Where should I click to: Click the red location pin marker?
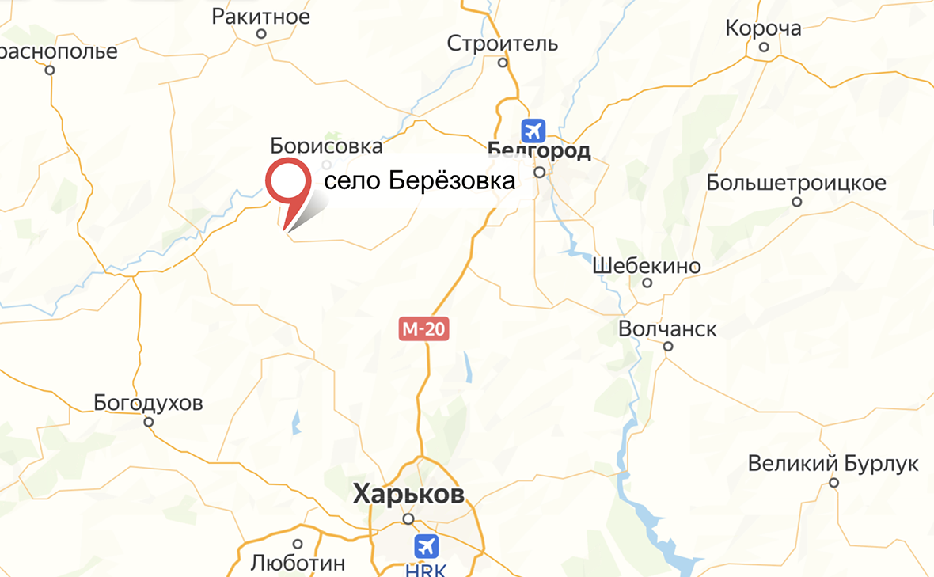tap(287, 184)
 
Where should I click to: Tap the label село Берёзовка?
tap(420, 181)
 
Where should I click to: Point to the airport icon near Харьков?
tap(426, 545)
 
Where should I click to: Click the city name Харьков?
tap(408, 494)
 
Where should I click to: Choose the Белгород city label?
tap(539, 150)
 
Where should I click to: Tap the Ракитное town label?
tap(261, 16)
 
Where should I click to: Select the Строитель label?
tap(503, 43)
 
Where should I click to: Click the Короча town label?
tap(764, 28)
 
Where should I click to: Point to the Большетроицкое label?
tap(795, 183)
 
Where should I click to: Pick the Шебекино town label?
tap(647, 266)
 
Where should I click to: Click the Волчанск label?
tap(668, 328)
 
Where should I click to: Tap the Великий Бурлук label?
tap(833, 463)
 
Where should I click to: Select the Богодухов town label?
tap(148, 403)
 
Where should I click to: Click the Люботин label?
tap(298, 563)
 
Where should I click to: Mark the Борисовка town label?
tap(326, 146)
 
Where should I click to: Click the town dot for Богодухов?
tap(148, 422)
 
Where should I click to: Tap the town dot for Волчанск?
tap(668, 347)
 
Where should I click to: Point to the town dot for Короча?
tap(764, 47)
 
